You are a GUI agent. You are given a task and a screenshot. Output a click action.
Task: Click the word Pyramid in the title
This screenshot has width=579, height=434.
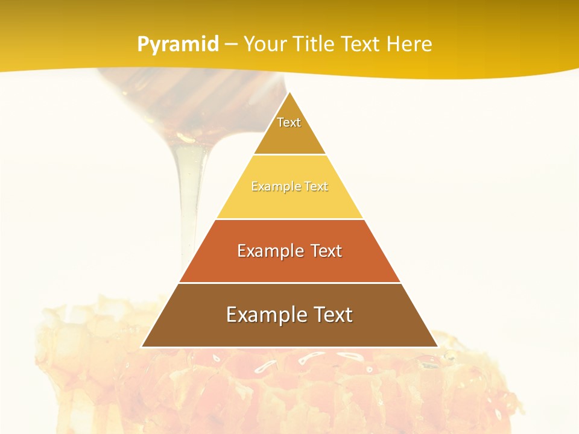click(x=178, y=45)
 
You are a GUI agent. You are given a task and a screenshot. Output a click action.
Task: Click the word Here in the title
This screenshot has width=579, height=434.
click(x=409, y=45)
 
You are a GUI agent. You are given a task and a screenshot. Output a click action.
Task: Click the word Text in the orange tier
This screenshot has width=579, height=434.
click(x=323, y=251)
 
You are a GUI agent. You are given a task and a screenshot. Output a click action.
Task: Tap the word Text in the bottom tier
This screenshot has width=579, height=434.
click(x=331, y=315)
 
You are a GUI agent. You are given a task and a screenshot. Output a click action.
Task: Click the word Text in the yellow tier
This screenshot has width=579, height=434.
click(x=316, y=186)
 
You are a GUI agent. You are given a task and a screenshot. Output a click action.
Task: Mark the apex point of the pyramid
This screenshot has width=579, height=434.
click(x=289, y=92)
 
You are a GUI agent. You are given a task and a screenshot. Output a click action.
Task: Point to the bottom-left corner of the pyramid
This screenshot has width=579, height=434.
click(x=142, y=347)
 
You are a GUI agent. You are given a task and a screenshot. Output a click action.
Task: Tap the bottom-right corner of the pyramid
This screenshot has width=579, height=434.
click(x=437, y=347)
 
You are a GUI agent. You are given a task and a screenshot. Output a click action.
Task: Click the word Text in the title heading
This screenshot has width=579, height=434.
click(x=359, y=45)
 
